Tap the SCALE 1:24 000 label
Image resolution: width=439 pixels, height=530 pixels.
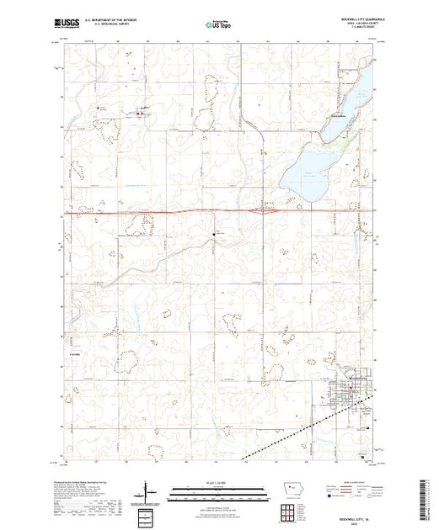pyautogui.click(x=217, y=480)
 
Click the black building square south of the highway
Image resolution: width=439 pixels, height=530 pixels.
pyautogui.click(x=214, y=233)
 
